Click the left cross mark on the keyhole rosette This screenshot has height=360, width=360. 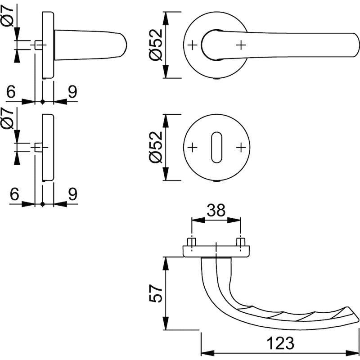click(192, 147)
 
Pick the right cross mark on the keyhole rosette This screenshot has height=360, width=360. click(242, 147)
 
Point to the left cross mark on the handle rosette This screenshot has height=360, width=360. click(192, 45)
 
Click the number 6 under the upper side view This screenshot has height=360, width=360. click(12, 92)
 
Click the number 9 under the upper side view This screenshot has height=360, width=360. click(72, 92)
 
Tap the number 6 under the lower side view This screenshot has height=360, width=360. click(13, 194)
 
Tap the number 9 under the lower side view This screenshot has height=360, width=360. click(72, 194)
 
